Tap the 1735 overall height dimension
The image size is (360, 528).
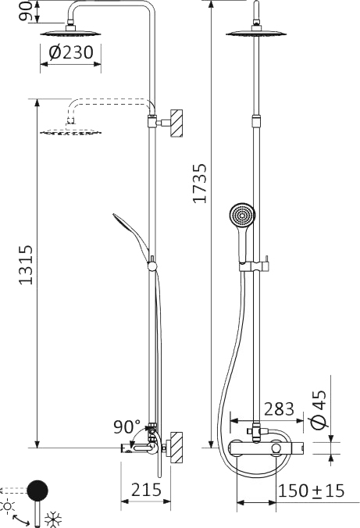200,184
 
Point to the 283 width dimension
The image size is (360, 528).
279,408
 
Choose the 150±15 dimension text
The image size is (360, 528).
312,491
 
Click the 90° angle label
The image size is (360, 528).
126,427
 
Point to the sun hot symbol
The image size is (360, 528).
9,507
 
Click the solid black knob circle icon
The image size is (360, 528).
37,490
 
